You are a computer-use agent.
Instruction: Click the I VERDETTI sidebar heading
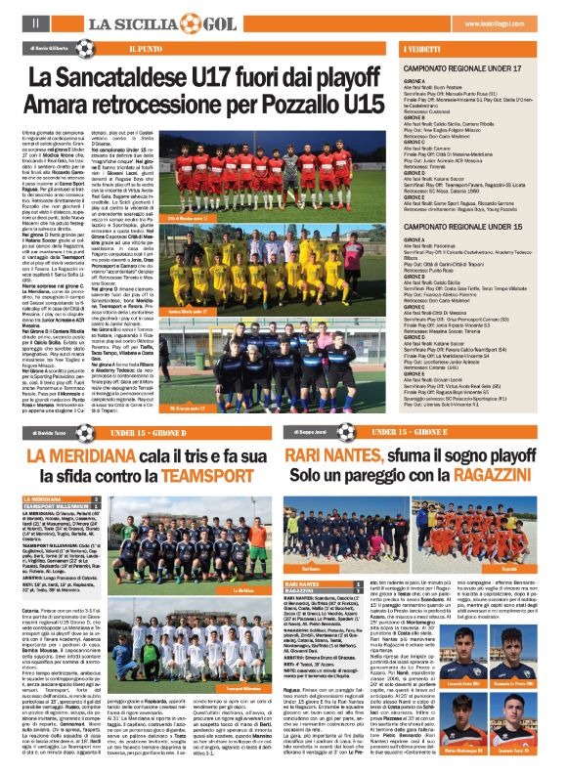coord(421,47)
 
